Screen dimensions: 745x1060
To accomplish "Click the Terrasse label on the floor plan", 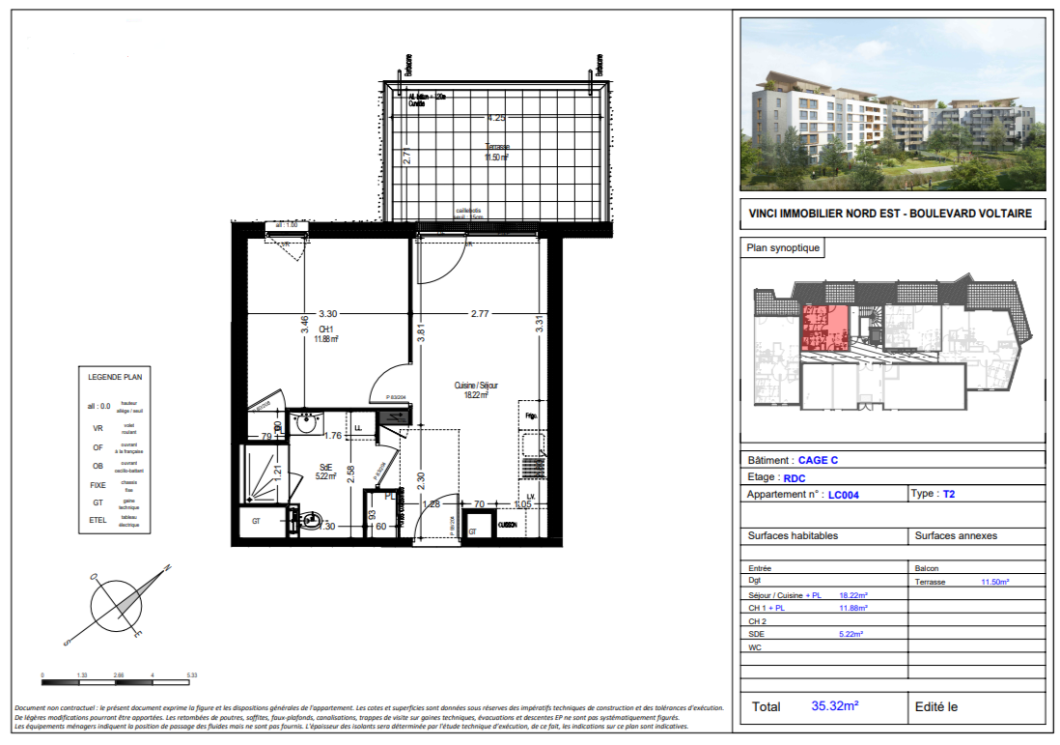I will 497,147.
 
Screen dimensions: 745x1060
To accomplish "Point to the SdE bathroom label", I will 326,466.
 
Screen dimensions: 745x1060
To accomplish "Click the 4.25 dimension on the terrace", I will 496,118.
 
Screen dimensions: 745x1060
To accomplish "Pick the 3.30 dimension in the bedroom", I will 328,313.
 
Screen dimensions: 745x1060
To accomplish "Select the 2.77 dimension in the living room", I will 480,313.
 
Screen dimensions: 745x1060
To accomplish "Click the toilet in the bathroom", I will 310,522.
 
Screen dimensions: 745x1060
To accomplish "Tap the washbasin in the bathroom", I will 308,421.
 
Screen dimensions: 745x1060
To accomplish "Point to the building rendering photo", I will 891,105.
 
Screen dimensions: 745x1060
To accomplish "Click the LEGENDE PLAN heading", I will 115,377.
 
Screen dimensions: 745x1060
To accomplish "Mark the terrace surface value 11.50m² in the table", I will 994,583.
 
